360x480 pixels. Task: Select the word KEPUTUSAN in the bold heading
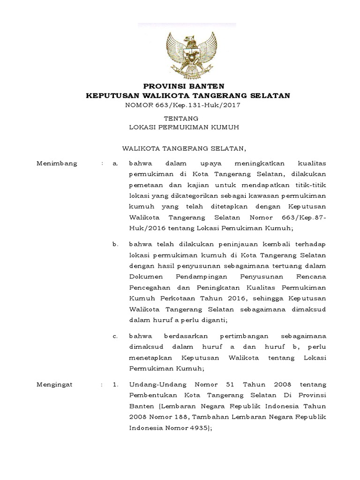[x=111, y=96]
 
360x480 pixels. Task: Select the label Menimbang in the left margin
[x=57, y=164]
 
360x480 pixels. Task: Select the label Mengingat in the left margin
[x=55, y=385]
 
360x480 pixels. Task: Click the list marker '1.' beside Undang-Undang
[x=115, y=385]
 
